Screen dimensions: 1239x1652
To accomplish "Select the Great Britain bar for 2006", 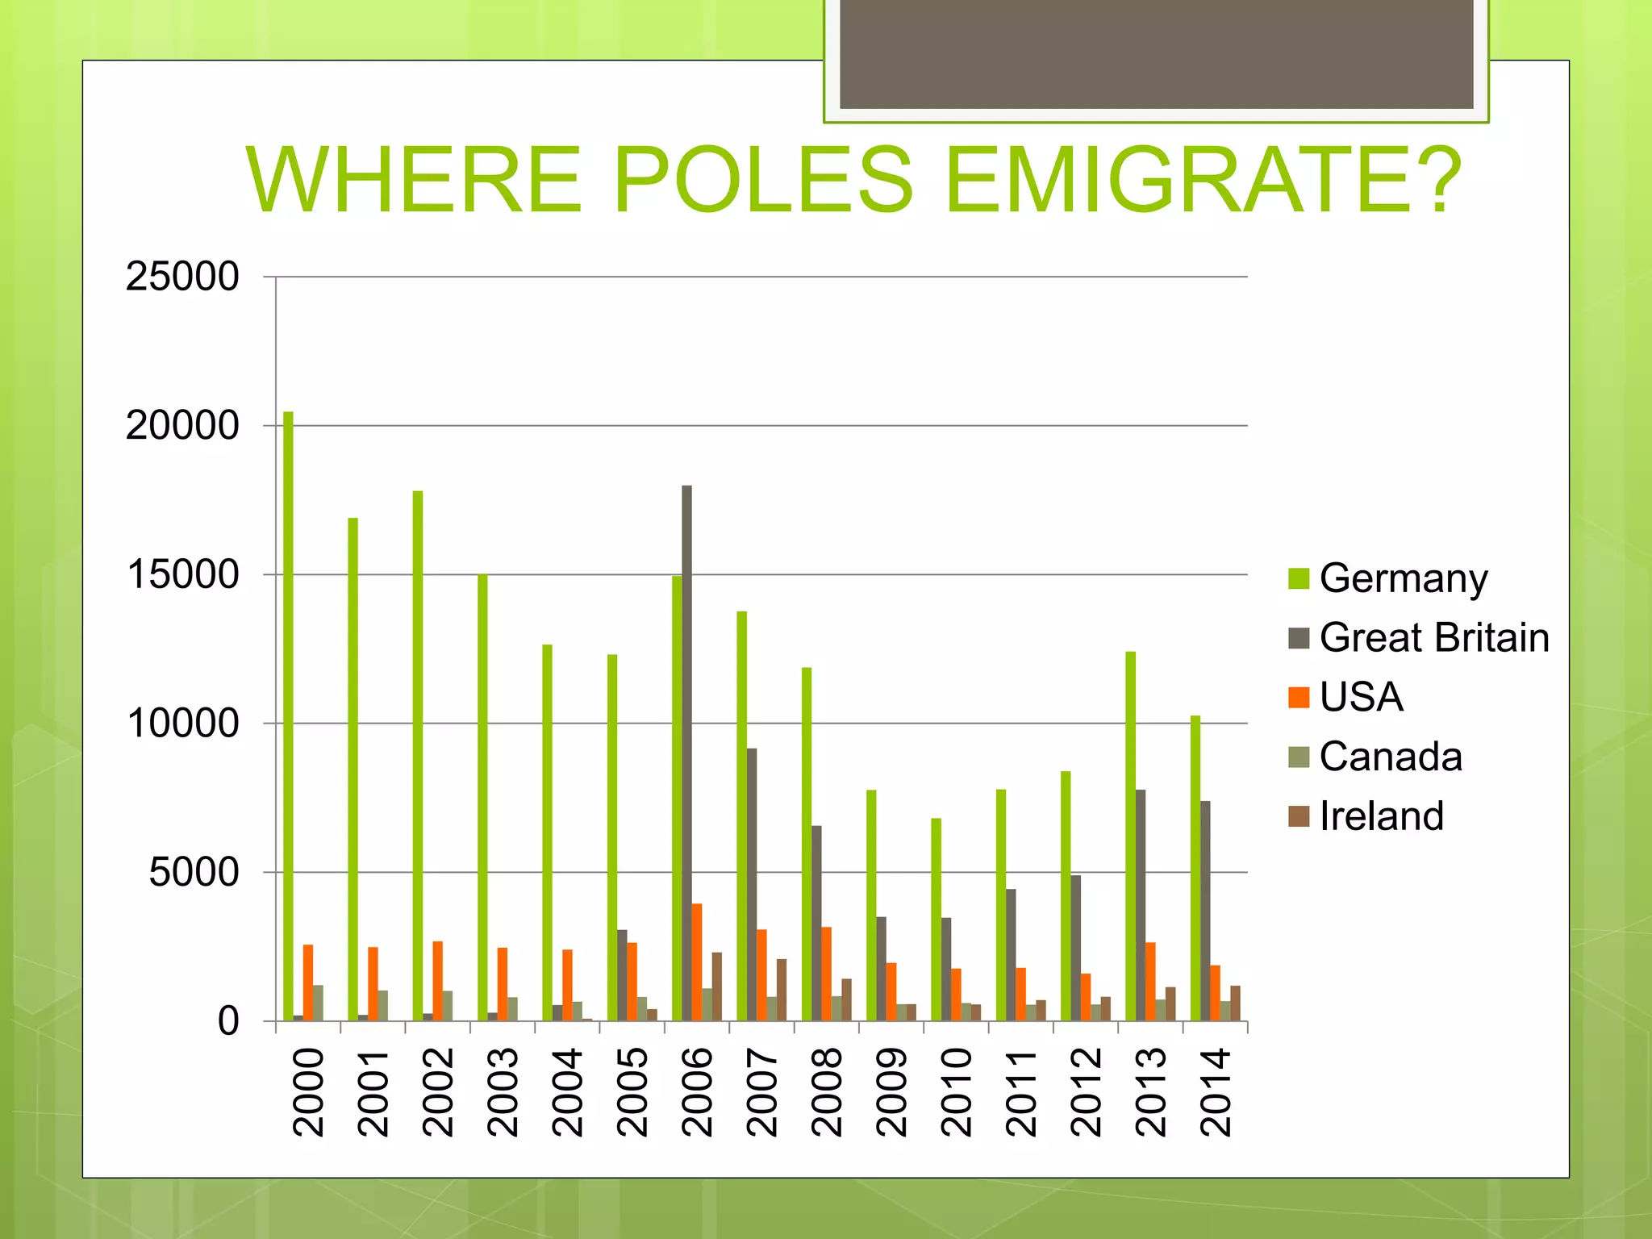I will tap(686, 753).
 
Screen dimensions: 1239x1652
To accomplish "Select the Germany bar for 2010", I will tap(936, 920).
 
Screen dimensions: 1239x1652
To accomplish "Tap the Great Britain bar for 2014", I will tap(1205, 911).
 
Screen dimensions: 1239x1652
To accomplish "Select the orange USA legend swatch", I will tap(1299, 698).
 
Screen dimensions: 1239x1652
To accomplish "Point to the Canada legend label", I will tap(1391, 757).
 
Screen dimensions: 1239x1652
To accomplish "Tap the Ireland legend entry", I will tap(1381, 816).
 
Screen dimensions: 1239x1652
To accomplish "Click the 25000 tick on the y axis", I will tap(182, 277).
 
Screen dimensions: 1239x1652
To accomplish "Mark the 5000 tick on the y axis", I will tap(194, 873).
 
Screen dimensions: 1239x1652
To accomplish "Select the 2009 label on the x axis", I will tap(891, 1092).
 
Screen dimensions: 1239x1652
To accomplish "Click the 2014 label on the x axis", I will tap(1216, 1092).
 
